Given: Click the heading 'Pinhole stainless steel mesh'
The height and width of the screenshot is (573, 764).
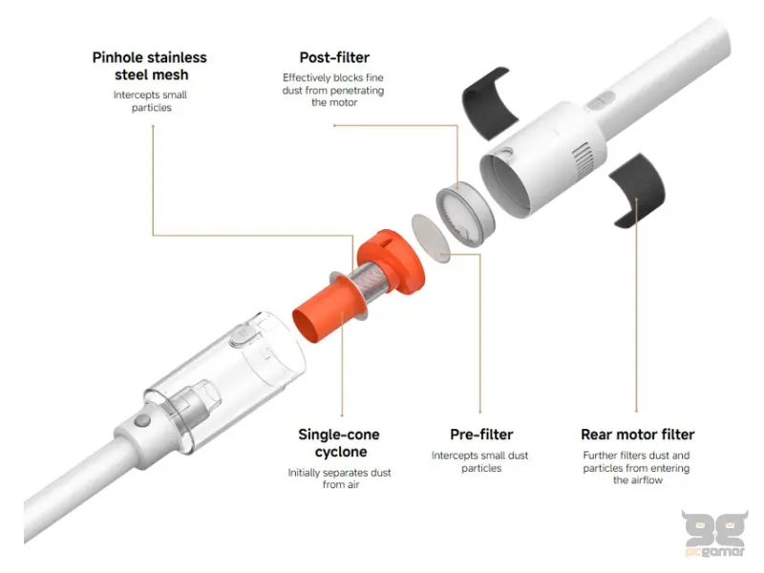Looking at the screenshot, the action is click(x=150, y=66).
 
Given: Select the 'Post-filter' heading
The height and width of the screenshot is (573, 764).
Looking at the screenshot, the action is click(x=334, y=57).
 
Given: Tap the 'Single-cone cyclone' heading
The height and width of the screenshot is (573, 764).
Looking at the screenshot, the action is click(x=339, y=442).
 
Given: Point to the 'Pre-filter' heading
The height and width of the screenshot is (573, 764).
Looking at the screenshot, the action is click(x=481, y=435).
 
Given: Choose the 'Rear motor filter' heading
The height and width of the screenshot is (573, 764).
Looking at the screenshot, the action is click(x=637, y=435).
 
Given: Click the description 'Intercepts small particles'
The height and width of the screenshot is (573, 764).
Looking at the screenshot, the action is click(x=151, y=101).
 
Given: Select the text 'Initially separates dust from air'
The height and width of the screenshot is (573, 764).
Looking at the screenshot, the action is click(x=340, y=478).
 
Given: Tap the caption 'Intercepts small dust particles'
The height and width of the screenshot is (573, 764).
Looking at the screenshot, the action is click(x=480, y=461).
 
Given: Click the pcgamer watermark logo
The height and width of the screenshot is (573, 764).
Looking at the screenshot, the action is click(x=714, y=533).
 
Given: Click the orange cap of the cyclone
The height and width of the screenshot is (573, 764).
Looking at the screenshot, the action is click(x=392, y=261).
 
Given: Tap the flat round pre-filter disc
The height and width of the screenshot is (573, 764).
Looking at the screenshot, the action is click(x=431, y=239).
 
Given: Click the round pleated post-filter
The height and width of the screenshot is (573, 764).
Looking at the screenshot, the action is click(x=465, y=213).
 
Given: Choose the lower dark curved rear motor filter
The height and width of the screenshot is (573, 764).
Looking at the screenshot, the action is click(x=638, y=189).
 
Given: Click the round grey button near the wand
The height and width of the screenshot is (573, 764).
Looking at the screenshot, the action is click(x=142, y=420).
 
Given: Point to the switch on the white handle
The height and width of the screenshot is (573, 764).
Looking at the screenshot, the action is click(x=600, y=101).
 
